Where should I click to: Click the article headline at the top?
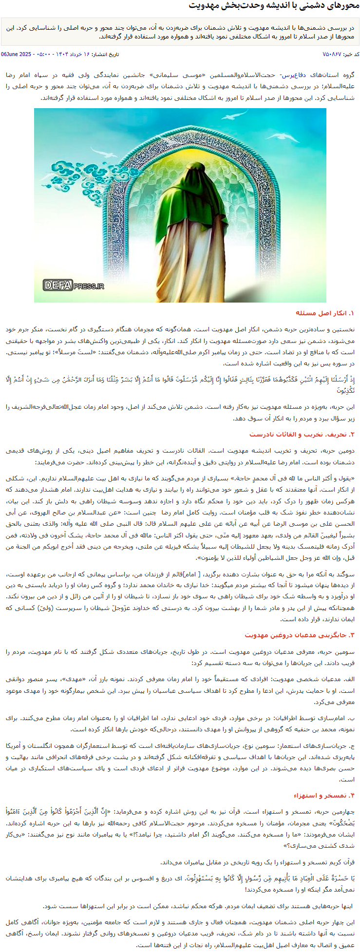(274, 6)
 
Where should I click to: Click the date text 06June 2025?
(16, 54)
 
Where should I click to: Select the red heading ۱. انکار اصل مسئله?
(325, 313)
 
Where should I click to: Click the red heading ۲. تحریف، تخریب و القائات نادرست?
(302, 435)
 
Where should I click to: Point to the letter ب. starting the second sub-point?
(352, 719)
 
